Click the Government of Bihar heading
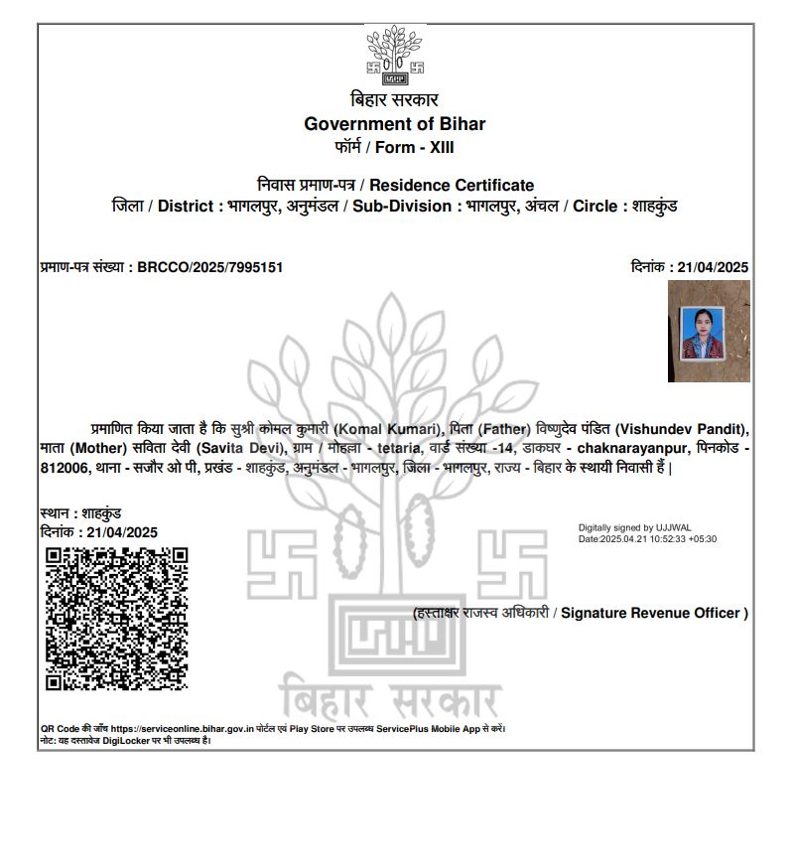point(394,124)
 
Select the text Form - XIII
point(414,148)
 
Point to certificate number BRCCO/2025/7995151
point(210,267)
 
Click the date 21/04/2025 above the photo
point(712,267)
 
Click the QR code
point(117,618)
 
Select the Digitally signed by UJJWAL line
point(629,528)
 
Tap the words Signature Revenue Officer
point(653,613)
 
